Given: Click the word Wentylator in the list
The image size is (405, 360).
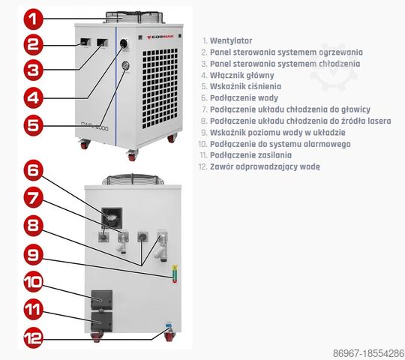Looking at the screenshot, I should click(x=231, y=40).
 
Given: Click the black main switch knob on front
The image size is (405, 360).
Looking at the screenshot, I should click(x=121, y=43).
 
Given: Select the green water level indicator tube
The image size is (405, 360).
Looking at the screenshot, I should click(x=175, y=273).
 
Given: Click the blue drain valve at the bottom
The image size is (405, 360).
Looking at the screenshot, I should click(x=168, y=327).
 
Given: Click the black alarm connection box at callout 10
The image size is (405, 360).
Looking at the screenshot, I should click(x=100, y=298).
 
